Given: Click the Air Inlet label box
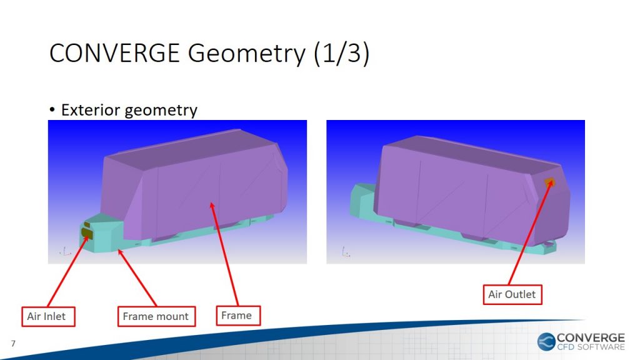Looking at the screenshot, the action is coord(48,316).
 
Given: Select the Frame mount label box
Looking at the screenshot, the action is coord(156,316).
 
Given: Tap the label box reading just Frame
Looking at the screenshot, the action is coord(238,316).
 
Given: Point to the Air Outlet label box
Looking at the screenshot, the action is coord(512,294).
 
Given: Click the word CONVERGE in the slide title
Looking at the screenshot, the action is coord(114,54).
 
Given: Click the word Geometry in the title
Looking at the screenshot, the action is coord(246,54).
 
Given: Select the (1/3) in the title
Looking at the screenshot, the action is coord(342,54).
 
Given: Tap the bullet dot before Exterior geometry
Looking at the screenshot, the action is coord(52,110).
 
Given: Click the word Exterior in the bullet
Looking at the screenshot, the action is coord(91,110).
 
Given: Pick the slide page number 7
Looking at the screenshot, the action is coord(13,343).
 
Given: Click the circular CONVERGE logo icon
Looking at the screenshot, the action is coord(546,342).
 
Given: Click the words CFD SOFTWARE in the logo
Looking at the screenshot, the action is coord(591,347).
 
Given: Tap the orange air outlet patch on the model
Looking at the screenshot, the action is coord(549,182).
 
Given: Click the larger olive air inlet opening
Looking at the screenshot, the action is coord(87,234).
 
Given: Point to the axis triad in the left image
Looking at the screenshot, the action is coord(65,251).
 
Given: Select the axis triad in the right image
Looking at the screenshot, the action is coord(346,252).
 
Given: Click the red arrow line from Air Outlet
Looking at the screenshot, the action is coord(531,232).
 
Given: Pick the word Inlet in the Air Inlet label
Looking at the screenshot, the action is coord(54,316).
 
